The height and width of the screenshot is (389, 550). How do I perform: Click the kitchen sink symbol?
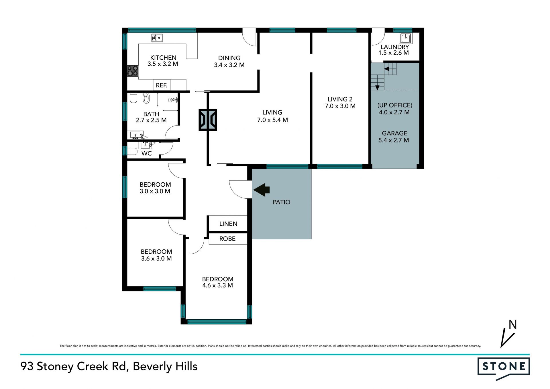pyautogui.click(x=157, y=38)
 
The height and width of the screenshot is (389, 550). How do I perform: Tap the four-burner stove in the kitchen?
pyautogui.click(x=133, y=71)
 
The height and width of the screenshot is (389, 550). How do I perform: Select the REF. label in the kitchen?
pyautogui.click(x=162, y=85)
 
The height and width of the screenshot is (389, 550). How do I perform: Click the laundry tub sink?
pyautogui.click(x=406, y=38)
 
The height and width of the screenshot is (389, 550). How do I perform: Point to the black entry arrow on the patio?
pyautogui.click(x=262, y=190)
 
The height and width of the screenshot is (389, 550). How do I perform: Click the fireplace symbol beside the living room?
pyautogui.click(x=208, y=120)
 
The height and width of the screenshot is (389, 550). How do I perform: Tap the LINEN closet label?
pyautogui.click(x=228, y=224)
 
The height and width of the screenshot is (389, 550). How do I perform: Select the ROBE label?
pyautogui.click(x=227, y=239)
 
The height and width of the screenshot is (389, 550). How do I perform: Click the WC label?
pyautogui.click(x=147, y=153)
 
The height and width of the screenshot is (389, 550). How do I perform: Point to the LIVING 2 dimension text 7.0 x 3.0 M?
pyautogui.click(x=340, y=106)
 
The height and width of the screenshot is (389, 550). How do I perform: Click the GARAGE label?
pyautogui.click(x=394, y=133)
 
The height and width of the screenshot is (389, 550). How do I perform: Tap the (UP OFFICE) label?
pyautogui.click(x=395, y=105)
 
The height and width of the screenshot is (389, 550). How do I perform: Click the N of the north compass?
pyautogui.click(x=512, y=325)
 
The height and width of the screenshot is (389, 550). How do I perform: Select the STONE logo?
pyautogui.click(x=504, y=368)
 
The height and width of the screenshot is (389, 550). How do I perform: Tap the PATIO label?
pyautogui.click(x=282, y=202)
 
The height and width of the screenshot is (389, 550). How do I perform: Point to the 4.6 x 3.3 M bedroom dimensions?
pyautogui.click(x=217, y=286)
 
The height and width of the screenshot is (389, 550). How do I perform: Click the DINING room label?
pyautogui.click(x=229, y=58)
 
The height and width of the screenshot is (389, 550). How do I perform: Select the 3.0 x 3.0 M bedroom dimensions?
pyautogui.click(x=155, y=191)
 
